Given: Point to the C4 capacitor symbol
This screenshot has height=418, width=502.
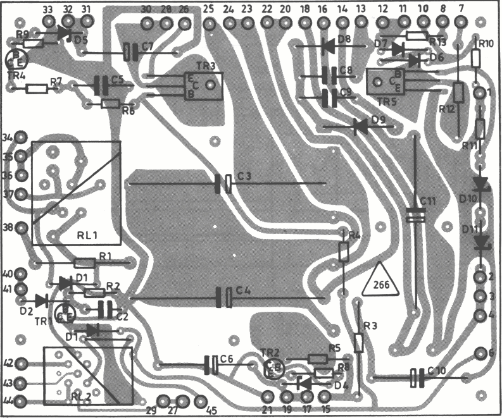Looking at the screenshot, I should point(223,297).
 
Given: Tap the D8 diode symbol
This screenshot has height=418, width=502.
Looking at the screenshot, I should point(328,45).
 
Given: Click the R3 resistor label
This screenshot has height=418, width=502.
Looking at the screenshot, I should point(370,326).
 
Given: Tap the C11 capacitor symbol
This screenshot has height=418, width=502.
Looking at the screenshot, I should point(415,216).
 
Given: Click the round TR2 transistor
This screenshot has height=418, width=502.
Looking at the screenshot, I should point(274,368).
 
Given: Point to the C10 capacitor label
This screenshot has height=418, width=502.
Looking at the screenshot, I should point(437,371).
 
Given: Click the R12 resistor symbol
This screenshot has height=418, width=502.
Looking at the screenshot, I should point(458,95).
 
